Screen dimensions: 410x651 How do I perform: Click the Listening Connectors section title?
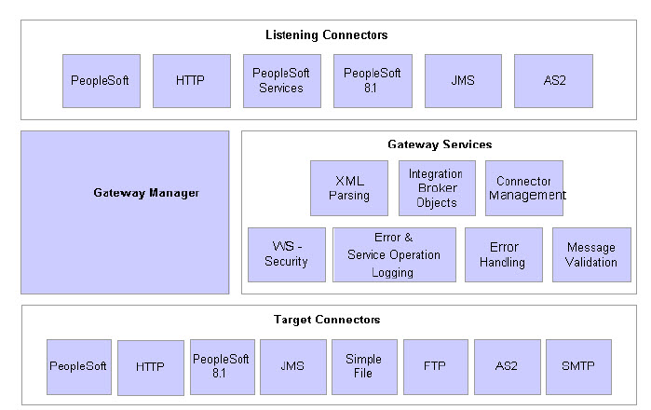(326, 35)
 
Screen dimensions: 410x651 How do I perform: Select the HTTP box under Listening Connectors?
(191, 81)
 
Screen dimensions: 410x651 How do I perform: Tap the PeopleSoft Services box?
(281, 81)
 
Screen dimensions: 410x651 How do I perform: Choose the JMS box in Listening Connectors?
(463, 81)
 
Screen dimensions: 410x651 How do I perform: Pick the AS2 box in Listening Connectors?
(553, 81)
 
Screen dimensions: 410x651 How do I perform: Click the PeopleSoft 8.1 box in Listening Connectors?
(372, 81)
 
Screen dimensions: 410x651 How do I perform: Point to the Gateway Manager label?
(146, 194)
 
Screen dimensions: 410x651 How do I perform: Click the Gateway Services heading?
(440, 144)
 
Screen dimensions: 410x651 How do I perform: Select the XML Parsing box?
(348, 188)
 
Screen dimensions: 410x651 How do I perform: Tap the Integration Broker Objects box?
(436, 188)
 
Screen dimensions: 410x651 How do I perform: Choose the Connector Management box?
(524, 188)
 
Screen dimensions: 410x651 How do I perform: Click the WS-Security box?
(286, 254)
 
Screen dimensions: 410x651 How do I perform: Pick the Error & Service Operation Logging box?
(394, 254)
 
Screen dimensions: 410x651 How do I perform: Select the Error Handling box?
(503, 254)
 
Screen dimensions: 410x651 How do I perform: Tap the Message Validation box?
(590, 254)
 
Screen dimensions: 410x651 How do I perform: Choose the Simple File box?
(363, 366)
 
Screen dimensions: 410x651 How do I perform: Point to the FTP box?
(435, 366)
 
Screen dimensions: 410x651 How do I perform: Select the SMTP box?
(579, 366)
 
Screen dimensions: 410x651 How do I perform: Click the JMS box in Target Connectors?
(292, 366)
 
